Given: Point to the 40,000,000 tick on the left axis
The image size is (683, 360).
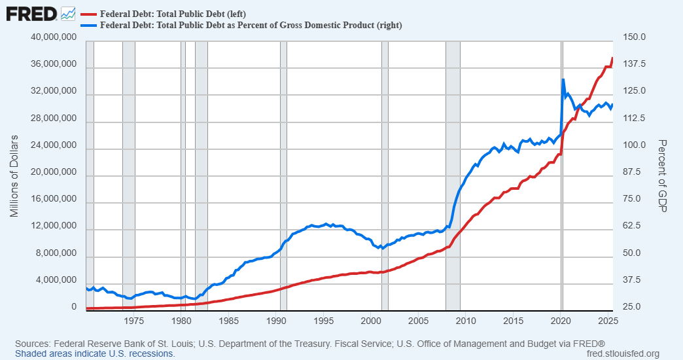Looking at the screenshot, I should coord(54,38).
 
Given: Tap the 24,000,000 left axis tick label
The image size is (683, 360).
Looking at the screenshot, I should coord(54,146).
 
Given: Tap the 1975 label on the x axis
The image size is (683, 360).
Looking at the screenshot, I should coord(133,321).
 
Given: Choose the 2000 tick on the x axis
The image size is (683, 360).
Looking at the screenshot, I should coord(371,321).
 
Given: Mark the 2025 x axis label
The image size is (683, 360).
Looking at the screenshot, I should coord(608,321).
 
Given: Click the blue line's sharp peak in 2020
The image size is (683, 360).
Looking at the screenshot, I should coord(563,79).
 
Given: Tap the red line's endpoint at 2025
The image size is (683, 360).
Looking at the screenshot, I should coord(613,58).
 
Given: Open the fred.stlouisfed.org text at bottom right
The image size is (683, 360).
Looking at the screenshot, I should coord(624,353).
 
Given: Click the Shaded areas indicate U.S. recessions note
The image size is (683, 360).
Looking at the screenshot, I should coord(95,353).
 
